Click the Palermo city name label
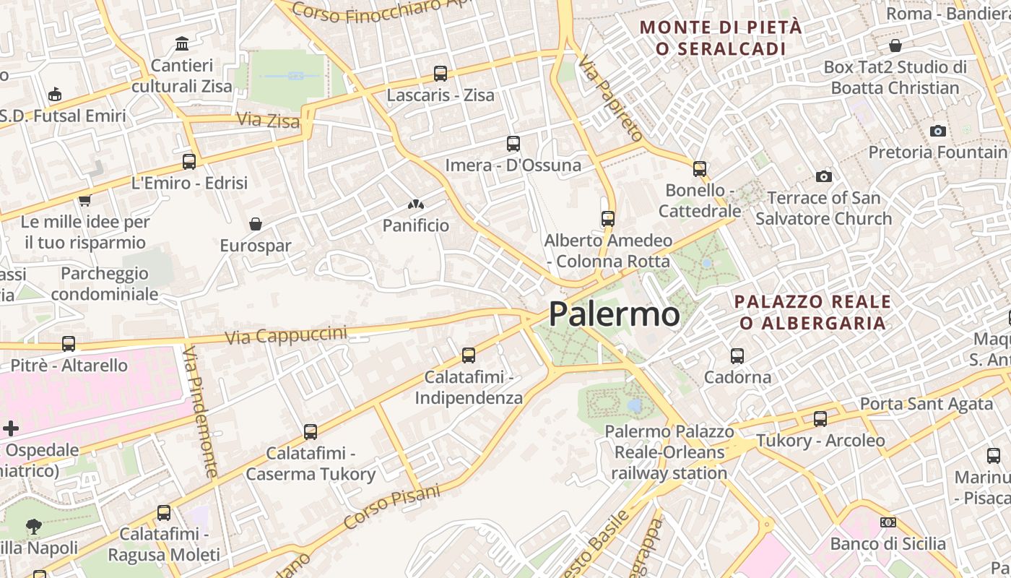(x=614, y=314)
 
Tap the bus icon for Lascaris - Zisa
(x=441, y=73)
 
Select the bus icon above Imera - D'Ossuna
(x=513, y=143)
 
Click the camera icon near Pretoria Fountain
(x=938, y=131)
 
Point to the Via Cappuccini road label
(x=286, y=335)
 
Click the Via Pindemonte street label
(x=200, y=412)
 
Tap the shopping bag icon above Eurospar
(x=255, y=224)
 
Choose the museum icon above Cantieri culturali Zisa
(x=182, y=44)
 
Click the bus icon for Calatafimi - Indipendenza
(x=469, y=355)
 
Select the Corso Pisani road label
(x=391, y=506)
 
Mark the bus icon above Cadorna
(x=737, y=355)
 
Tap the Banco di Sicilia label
(x=888, y=543)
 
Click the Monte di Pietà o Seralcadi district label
(x=721, y=38)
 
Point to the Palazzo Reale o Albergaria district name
(x=812, y=312)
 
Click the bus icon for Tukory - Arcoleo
(x=820, y=418)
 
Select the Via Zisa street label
(x=268, y=120)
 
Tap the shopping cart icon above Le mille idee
(x=84, y=200)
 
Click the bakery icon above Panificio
(x=415, y=204)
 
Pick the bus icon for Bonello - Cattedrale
(x=700, y=168)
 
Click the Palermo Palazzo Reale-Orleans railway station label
(x=669, y=452)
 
